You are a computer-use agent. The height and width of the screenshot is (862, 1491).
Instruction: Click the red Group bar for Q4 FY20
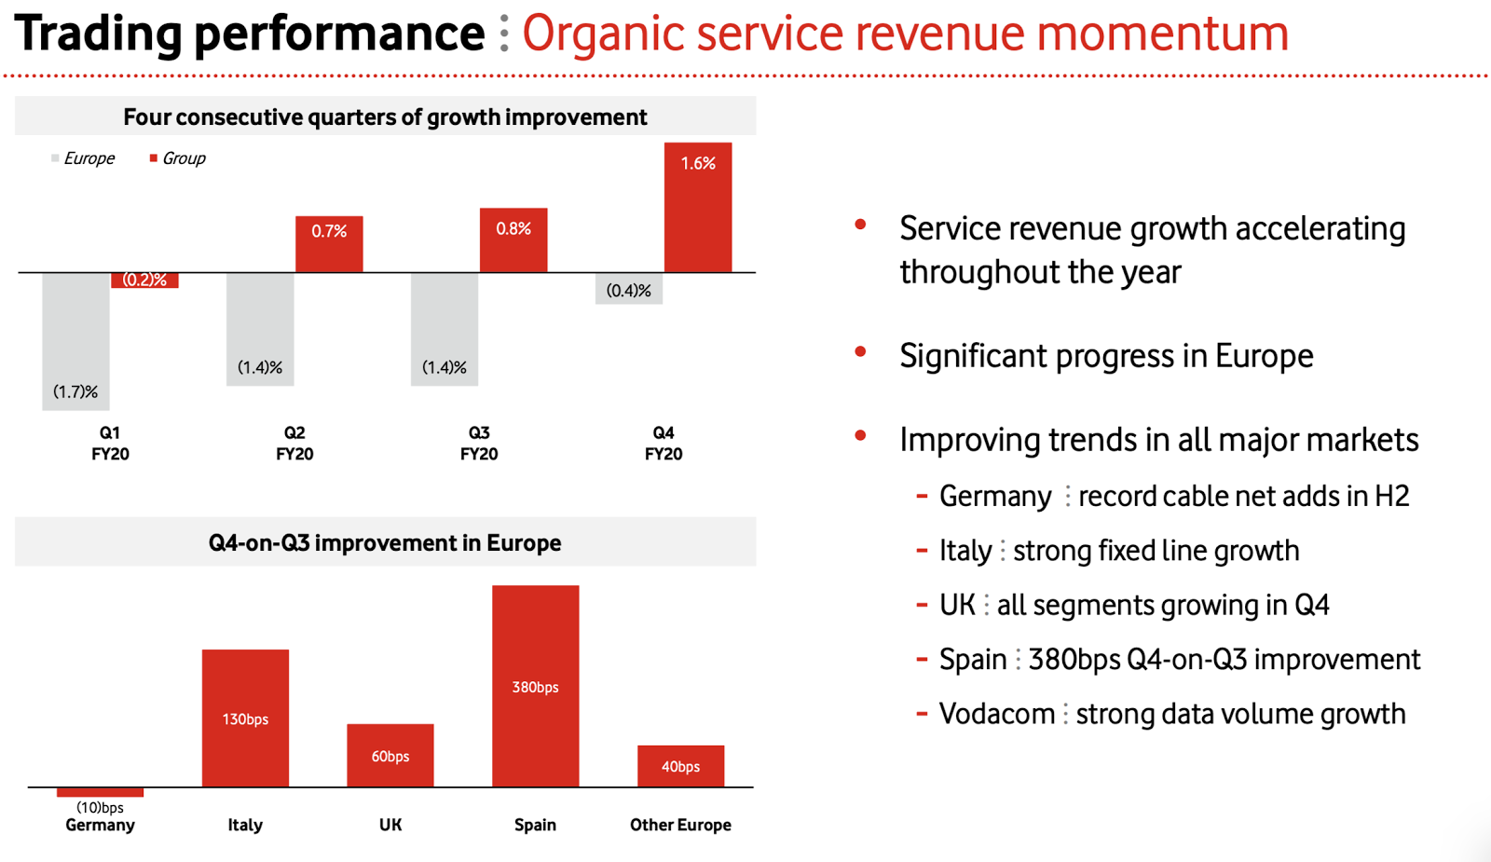pyautogui.click(x=697, y=208)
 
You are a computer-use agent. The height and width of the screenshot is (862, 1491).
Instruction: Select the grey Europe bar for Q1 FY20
pyautogui.click(x=75, y=341)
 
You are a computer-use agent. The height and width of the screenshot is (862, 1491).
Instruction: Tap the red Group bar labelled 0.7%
pyautogui.click(x=329, y=244)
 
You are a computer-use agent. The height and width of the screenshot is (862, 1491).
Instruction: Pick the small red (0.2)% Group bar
pyautogui.click(x=144, y=280)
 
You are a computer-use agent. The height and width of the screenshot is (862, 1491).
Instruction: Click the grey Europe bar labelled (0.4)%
pyautogui.click(x=629, y=289)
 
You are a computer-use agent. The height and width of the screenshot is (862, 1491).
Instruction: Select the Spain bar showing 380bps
pyautogui.click(x=535, y=686)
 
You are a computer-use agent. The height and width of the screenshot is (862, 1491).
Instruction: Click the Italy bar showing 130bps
pyautogui.click(x=245, y=718)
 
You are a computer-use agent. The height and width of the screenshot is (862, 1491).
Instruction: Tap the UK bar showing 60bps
pyautogui.click(x=390, y=755)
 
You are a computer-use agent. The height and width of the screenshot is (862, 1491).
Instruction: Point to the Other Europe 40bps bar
pyautogui.click(x=680, y=765)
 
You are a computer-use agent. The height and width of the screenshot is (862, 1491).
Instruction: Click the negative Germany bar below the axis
pyautogui.click(x=100, y=792)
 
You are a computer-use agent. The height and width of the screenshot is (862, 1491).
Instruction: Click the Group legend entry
pyautogui.click(x=179, y=158)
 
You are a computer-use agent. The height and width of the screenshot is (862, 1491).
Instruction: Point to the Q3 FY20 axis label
pyautogui.click(x=479, y=444)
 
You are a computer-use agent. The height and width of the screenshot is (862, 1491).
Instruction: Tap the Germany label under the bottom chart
pyautogui.click(x=100, y=825)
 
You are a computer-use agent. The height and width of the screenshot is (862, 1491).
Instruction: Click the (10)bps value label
pyautogui.click(x=100, y=807)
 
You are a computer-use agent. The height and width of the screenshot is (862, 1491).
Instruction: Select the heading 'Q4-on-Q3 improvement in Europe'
pyautogui.click(x=385, y=542)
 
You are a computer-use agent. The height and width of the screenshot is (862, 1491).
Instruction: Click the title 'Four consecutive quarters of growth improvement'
pyautogui.click(x=385, y=117)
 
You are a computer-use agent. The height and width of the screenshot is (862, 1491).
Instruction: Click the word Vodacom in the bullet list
pyautogui.click(x=996, y=714)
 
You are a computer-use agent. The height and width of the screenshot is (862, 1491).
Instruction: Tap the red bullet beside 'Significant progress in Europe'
pyautogui.click(x=860, y=352)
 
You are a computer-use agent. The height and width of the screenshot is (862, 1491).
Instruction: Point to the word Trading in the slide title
pyautogui.click(x=98, y=34)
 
